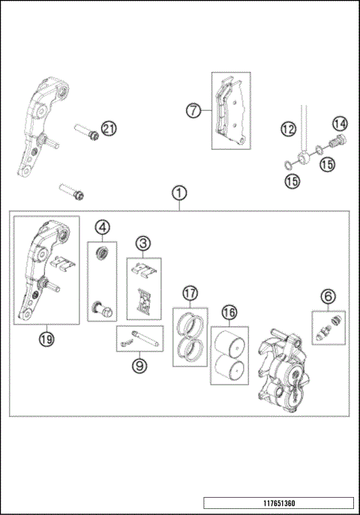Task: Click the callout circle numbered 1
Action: coord(179,193)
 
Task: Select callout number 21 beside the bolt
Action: coord(109,129)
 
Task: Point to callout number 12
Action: coord(289,129)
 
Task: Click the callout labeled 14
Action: coord(340,124)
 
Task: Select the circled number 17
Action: coord(190,293)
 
